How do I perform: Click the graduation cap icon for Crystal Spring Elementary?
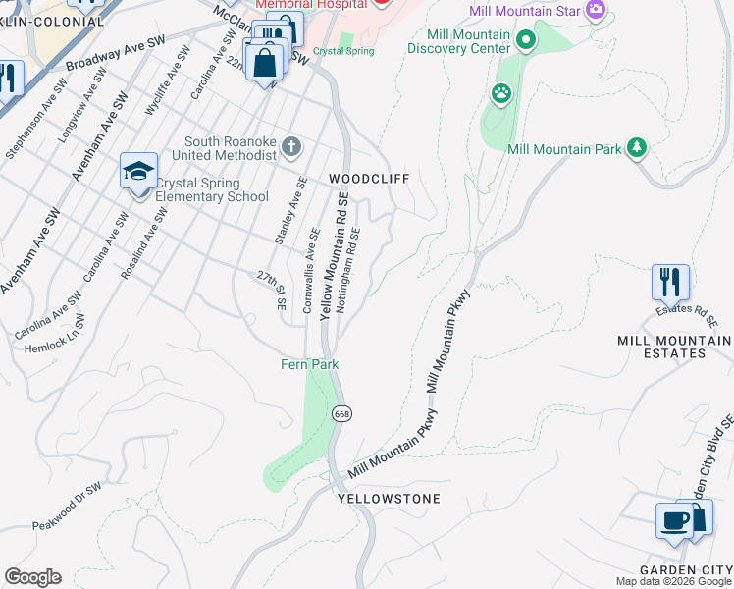139,171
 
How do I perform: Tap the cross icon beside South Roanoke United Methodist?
290,147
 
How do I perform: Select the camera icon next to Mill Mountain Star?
595,11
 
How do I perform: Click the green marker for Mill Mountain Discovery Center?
526,41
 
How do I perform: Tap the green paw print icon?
501,93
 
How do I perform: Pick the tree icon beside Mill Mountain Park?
638,148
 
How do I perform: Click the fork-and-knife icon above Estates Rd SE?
670,281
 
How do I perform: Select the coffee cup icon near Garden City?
674,520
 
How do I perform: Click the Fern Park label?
311,364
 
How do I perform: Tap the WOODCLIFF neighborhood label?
368,179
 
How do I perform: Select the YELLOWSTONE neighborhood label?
389,499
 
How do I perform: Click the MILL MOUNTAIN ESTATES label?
674,348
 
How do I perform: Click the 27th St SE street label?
271,290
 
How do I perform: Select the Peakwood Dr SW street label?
67,505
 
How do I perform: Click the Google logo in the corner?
32,577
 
